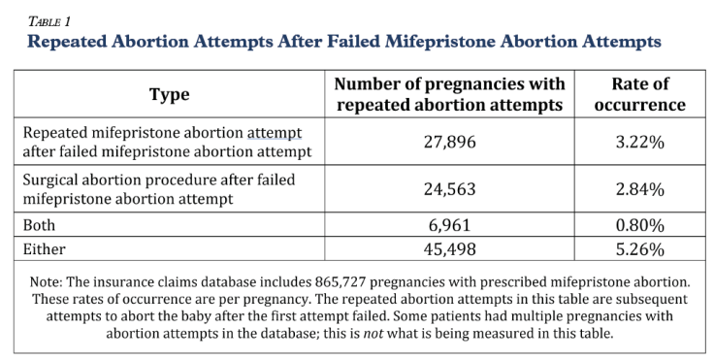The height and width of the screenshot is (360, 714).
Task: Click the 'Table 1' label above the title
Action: [x=48, y=18]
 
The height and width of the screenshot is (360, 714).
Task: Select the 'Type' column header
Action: [x=169, y=94]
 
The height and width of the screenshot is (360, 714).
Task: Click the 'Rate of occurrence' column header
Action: [x=640, y=94]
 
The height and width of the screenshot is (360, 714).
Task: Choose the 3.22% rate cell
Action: [x=639, y=142]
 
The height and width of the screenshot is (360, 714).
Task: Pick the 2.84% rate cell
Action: [x=639, y=190]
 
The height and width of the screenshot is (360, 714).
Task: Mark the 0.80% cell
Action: [x=639, y=226]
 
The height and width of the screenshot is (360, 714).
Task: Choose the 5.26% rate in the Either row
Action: [x=639, y=249]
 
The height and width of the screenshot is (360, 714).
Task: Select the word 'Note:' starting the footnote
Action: [x=49, y=281]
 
